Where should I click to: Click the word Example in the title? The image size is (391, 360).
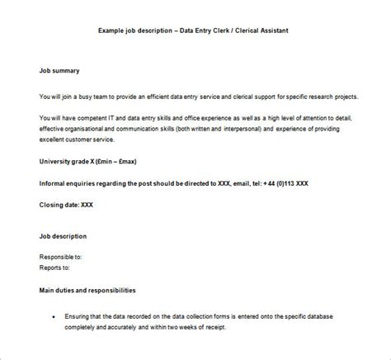(111, 31)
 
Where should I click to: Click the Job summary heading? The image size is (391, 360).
(60, 71)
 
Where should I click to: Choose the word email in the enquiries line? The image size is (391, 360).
(240, 182)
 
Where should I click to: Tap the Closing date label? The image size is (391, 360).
(59, 202)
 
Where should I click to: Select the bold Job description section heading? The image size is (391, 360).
(63, 236)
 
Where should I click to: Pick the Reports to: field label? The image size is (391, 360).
(54, 268)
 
